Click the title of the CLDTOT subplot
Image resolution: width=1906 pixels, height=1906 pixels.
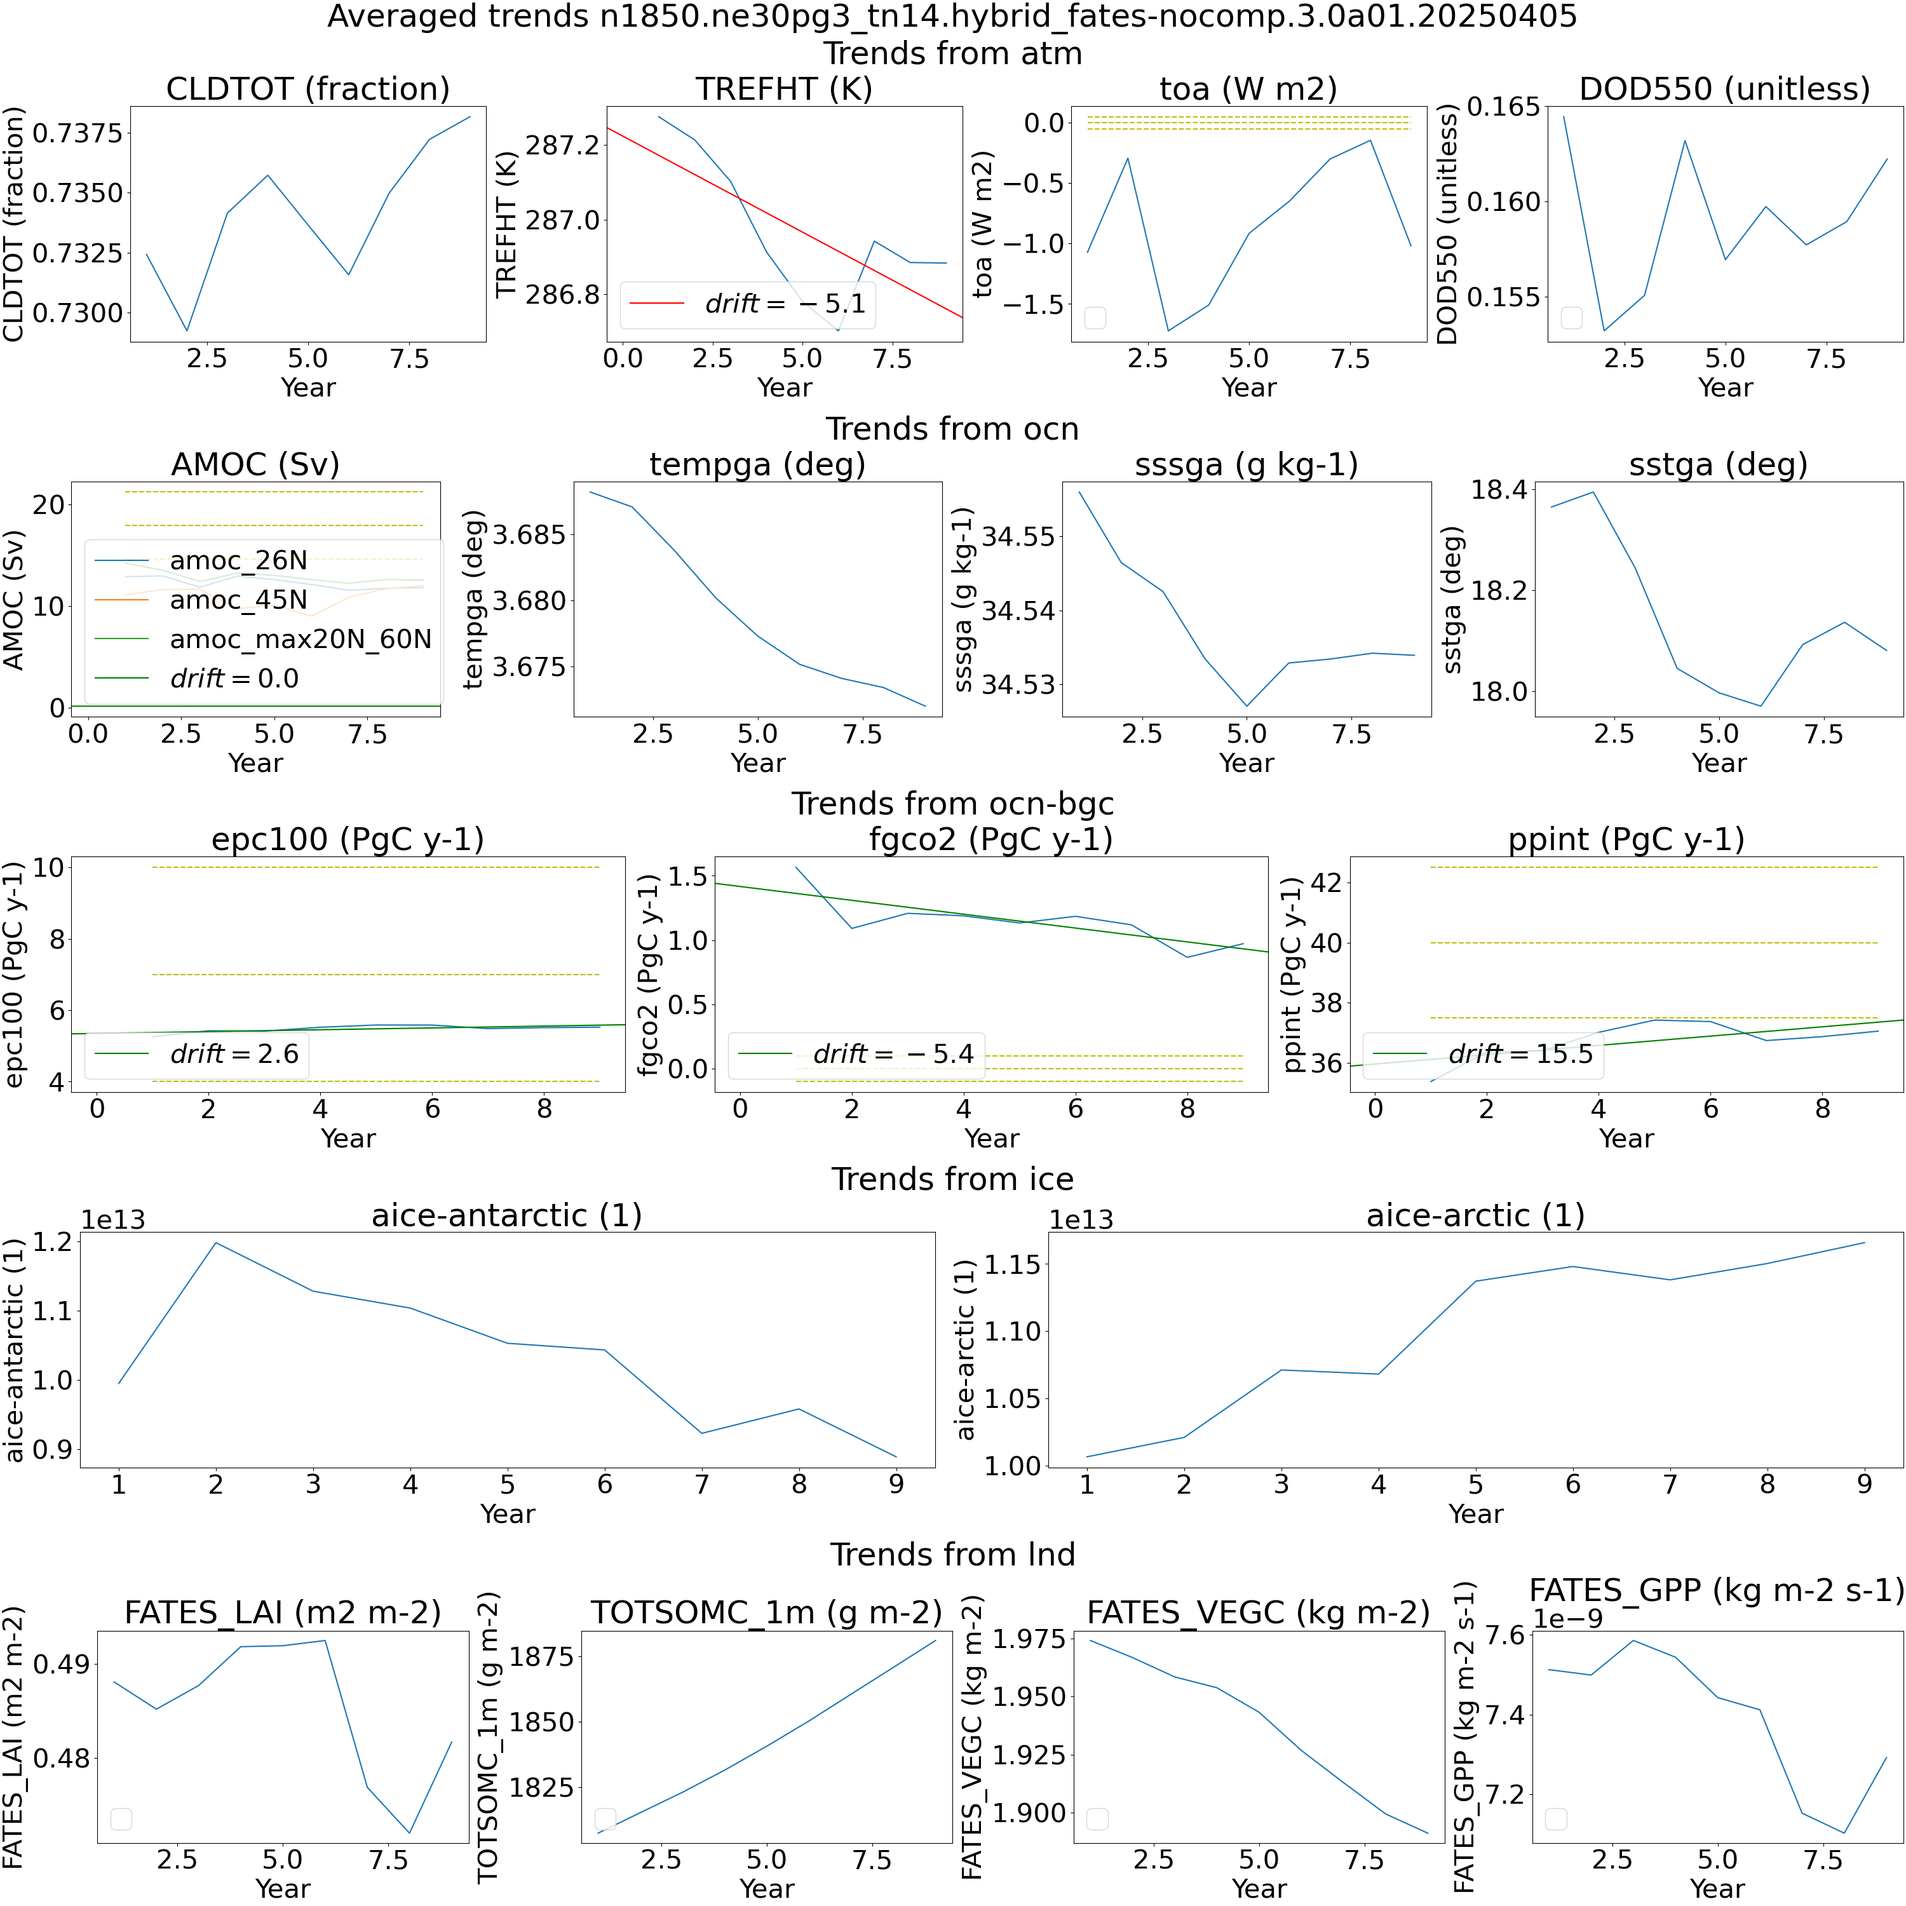(x=308, y=89)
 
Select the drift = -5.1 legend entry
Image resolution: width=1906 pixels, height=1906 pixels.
(x=748, y=303)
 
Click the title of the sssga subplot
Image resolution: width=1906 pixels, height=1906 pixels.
(x=1246, y=464)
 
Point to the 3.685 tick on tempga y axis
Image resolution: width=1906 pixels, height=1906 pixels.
(x=530, y=536)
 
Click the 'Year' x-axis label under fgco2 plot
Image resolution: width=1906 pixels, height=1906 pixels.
(x=992, y=1139)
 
